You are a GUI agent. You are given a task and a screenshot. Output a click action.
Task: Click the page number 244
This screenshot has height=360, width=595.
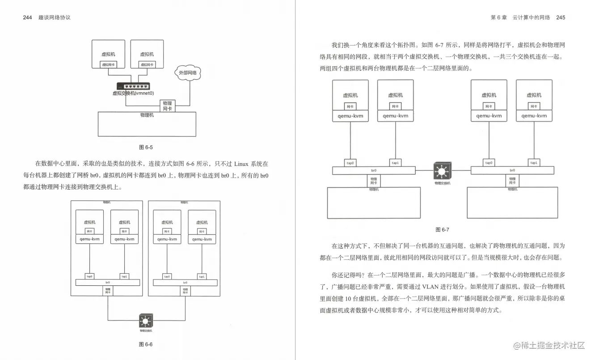27,17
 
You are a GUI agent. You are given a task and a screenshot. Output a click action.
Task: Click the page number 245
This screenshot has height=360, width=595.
561,17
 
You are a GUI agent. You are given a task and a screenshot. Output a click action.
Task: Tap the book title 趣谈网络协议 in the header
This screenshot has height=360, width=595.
55,17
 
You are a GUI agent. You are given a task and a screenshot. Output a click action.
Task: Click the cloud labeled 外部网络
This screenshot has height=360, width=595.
188,73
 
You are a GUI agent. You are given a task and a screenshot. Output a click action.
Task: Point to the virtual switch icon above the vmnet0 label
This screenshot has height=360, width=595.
133,86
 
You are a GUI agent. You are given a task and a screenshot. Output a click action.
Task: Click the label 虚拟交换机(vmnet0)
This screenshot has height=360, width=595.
133,93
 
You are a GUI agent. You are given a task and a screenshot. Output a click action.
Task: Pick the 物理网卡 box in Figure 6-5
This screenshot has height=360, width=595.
167,106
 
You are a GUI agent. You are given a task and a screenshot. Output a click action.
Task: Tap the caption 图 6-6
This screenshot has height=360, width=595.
146,344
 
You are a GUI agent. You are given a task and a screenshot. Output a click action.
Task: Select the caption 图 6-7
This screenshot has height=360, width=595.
442,230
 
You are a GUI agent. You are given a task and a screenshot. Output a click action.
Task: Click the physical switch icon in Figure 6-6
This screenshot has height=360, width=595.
146,321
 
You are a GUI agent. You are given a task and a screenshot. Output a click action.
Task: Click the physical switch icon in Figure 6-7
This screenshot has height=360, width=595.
442,171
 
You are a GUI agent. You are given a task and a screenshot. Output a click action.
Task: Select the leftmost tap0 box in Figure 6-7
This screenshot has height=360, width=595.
350,163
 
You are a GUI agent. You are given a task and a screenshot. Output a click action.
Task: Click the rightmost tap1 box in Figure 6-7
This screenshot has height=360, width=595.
534,163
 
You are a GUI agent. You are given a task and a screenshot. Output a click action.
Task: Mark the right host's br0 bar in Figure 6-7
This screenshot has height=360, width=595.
512,170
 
